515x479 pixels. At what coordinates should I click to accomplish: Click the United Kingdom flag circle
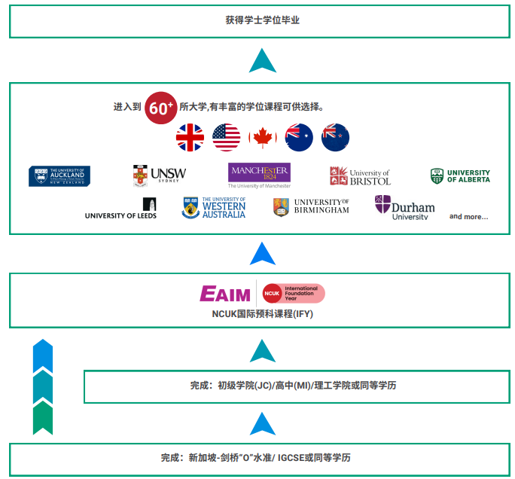(190, 138)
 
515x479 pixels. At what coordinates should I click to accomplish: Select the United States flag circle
(226, 138)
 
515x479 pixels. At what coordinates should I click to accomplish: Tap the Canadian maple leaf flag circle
(263, 138)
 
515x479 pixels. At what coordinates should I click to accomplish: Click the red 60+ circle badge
(160, 107)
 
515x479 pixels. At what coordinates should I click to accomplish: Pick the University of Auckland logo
(59, 176)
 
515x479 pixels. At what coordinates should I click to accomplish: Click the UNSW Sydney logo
(160, 175)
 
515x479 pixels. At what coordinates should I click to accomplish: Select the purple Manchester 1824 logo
(260, 175)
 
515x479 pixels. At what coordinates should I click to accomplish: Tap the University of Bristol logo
(360, 176)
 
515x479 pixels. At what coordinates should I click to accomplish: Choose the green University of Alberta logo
(460, 176)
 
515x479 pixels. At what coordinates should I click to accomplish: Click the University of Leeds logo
(121, 209)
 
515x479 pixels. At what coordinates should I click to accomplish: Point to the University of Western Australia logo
(215, 208)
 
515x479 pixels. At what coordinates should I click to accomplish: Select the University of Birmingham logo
(311, 207)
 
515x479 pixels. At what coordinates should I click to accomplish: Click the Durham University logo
(404, 207)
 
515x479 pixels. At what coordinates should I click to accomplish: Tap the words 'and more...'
(468, 217)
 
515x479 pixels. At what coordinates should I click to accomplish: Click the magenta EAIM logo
(225, 294)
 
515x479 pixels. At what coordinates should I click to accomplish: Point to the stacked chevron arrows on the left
(43, 387)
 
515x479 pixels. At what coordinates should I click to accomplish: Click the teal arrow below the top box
(262, 59)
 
